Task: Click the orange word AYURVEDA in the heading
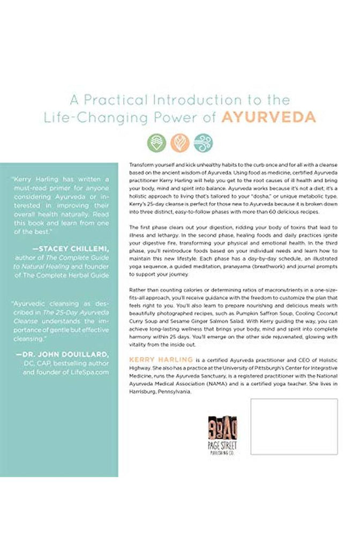(276, 117)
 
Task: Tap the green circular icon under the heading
(156, 143)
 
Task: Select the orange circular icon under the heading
(179, 143)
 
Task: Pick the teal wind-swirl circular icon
(203, 143)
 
